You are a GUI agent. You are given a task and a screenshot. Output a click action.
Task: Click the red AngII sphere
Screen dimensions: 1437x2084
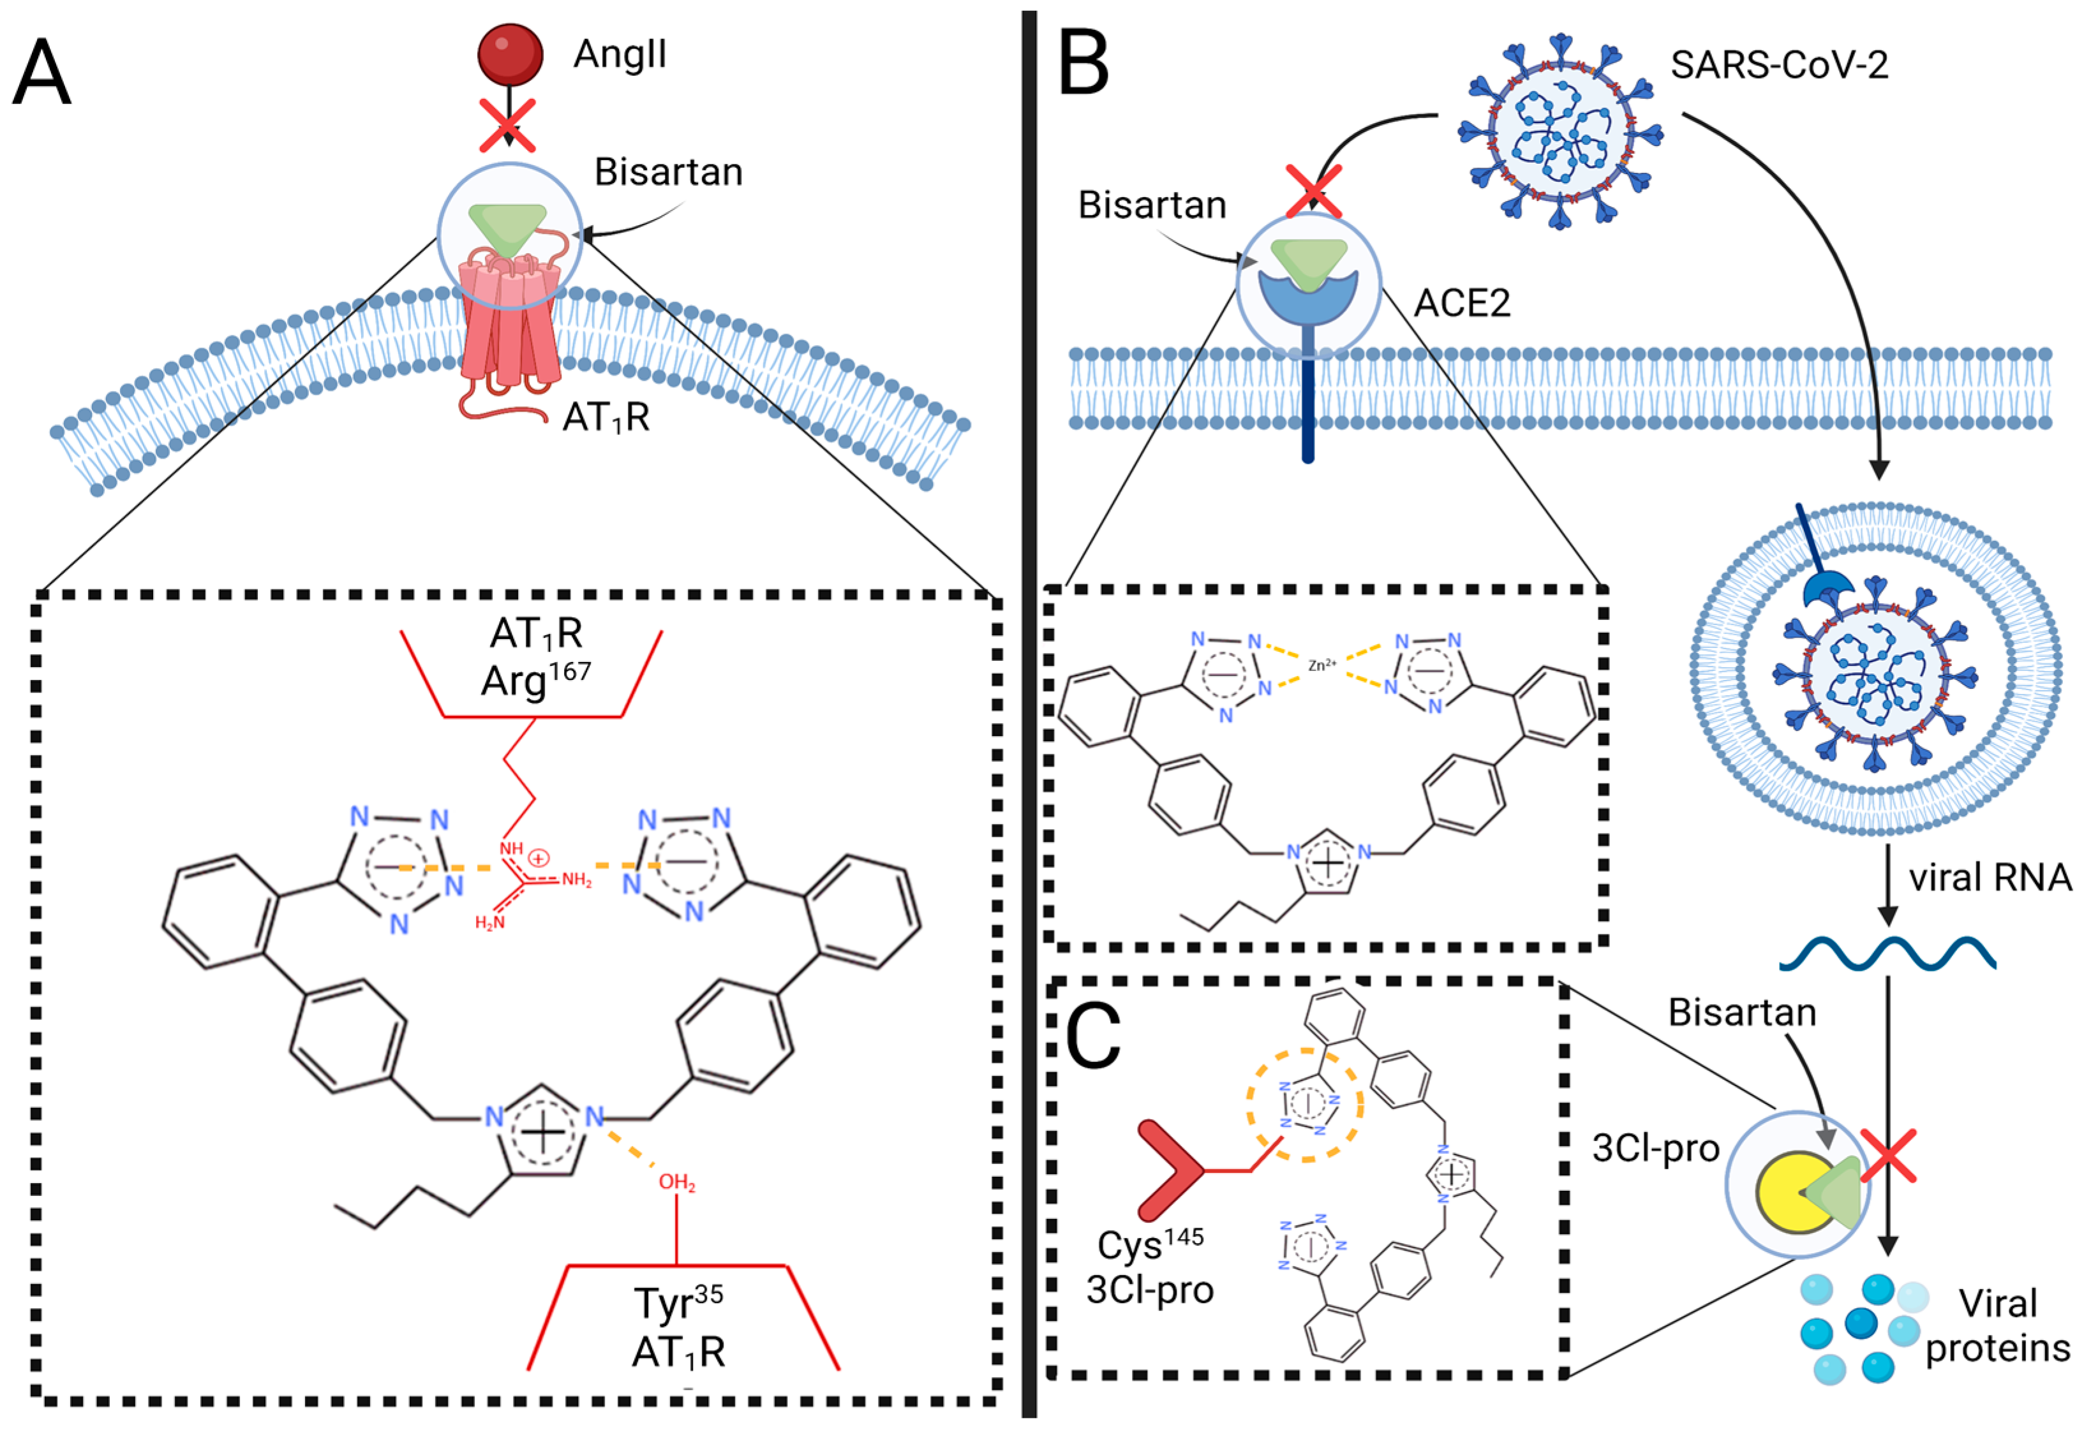[510, 54]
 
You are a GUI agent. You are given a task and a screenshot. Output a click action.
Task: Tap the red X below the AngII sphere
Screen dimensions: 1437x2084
[507, 125]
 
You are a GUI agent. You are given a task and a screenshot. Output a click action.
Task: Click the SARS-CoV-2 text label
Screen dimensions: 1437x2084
[1779, 65]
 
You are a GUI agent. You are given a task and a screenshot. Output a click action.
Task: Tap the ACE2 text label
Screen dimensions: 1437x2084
[1462, 304]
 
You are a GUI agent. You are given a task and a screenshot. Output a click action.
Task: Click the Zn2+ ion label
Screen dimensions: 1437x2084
[1322, 665]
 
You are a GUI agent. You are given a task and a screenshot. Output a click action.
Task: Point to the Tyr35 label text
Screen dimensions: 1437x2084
[678, 1303]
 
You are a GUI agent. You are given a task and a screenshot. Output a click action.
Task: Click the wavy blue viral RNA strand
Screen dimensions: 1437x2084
[1887, 954]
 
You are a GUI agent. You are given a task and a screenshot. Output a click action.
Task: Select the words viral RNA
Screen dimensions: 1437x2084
[1990, 877]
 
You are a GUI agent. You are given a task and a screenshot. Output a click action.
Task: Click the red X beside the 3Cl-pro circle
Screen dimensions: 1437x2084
[1887, 1156]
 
